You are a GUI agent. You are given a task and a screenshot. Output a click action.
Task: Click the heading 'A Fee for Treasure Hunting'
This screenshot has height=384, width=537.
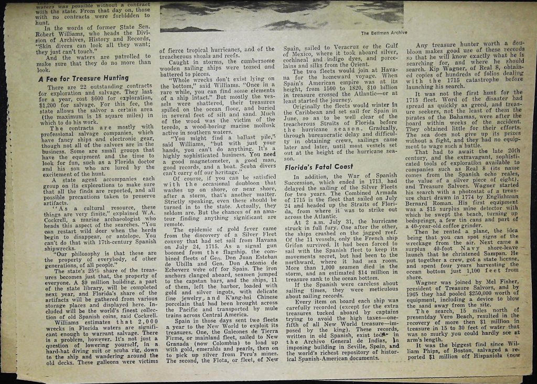[x=83, y=78]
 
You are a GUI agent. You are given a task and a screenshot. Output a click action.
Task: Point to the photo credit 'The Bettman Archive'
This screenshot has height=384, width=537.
[x=381, y=33]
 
